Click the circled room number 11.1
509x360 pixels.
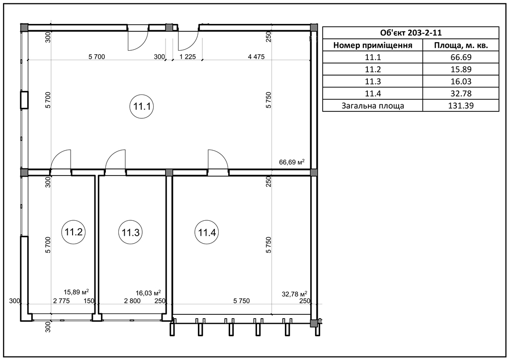(x=142, y=106)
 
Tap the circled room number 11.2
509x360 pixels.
(x=74, y=232)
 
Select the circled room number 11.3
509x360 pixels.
(x=131, y=232)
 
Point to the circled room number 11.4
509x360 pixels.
(x=207, y=232)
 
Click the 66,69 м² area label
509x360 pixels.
(x=292, y=162)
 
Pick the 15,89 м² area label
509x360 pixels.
(x=76, y=292)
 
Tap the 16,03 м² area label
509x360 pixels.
(x=148, y=293)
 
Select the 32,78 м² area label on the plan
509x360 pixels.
(x=294, y=294)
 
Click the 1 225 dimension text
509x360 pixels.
(x=187, y=57)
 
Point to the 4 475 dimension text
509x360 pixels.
(x=256, y=57)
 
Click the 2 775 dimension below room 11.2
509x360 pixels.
(x=61, y=301)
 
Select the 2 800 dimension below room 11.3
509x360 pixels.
(x=132, y=301)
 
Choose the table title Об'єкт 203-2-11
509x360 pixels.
(x=411, y=33)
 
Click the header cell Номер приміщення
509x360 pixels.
(x=373, y=45)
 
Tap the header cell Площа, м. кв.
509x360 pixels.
(x=461, y=45)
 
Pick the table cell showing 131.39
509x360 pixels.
(x=461, y=105)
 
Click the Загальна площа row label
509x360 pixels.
(x=373, y=106)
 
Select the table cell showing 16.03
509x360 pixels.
(x=461, y=82)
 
